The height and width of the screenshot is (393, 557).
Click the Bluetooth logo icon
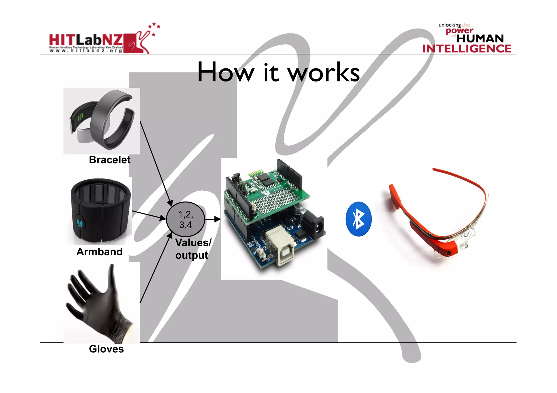pos(358,219)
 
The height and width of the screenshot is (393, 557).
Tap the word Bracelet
pos(110,160)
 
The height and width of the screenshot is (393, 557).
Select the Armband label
pos(100,252)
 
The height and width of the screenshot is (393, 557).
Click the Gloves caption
pos(106,349)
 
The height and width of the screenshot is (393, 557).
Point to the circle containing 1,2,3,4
pos(185,219)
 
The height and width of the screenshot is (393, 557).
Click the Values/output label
pos(193,249)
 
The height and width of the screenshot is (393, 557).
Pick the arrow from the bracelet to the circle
pos(156,163)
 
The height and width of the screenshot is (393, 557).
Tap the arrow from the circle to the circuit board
pos(212,219)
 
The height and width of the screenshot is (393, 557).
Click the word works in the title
pos(324,73)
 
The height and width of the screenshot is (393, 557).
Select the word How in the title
pos(225,73)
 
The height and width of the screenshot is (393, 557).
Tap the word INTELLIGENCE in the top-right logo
pos(467,49)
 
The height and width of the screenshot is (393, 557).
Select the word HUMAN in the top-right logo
pos(480,39)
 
